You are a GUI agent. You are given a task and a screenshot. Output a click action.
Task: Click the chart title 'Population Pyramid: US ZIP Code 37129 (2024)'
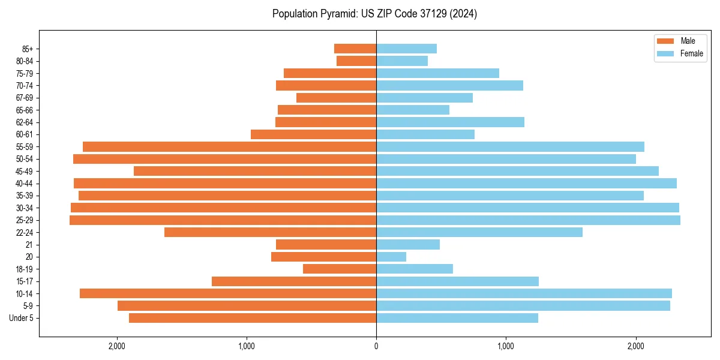[374, 14]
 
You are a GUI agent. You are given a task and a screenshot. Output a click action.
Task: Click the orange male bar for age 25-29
[223, 220]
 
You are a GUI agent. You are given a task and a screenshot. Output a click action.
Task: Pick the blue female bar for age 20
[391, 257]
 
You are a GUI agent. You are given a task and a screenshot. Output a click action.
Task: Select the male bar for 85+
[355, 49]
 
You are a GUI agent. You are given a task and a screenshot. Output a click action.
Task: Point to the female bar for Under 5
[457, 318]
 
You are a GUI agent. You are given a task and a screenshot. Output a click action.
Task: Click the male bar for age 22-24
[270, 232]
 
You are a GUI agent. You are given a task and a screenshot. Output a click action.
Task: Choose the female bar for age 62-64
[450, 122]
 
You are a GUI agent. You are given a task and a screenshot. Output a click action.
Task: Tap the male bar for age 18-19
[340, 269]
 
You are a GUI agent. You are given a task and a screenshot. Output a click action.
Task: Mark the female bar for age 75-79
[437, 73]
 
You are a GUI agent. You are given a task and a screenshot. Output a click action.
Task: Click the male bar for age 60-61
[313, 134]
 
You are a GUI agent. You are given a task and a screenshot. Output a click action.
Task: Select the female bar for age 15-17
[457, 281]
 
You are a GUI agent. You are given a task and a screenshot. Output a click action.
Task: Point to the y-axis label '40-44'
[24, 184]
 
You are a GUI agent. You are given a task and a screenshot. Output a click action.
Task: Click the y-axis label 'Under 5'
[22, 318]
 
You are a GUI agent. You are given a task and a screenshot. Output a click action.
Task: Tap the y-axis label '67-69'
[24, 98]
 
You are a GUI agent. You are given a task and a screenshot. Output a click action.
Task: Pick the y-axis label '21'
[29, 245]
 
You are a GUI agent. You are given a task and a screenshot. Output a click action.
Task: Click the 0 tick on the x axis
[376, 346]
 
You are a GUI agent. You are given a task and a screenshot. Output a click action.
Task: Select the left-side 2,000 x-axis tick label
[116, 346]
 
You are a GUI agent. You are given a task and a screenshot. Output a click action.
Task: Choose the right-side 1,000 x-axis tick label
[506, 346]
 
